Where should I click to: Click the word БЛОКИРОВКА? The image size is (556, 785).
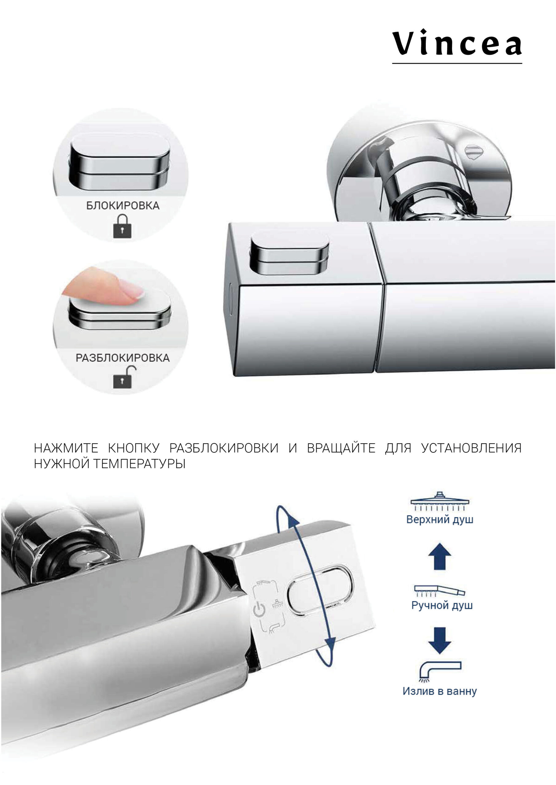(x=122, y=205)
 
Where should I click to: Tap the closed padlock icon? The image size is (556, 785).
(x=122, y=226)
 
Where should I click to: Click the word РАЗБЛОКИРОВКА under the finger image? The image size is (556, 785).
(x=122, y=358)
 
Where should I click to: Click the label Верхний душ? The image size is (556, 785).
(x=440, y=519)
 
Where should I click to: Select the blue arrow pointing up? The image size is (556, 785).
(x=440, y=556)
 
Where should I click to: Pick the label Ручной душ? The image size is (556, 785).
(x=442, y=606)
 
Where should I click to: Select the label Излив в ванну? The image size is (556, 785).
(x=440, y=691)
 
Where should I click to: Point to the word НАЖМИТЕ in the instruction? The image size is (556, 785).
(x=66, y=448)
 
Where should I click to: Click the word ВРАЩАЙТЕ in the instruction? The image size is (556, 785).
(x=341, y=448)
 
